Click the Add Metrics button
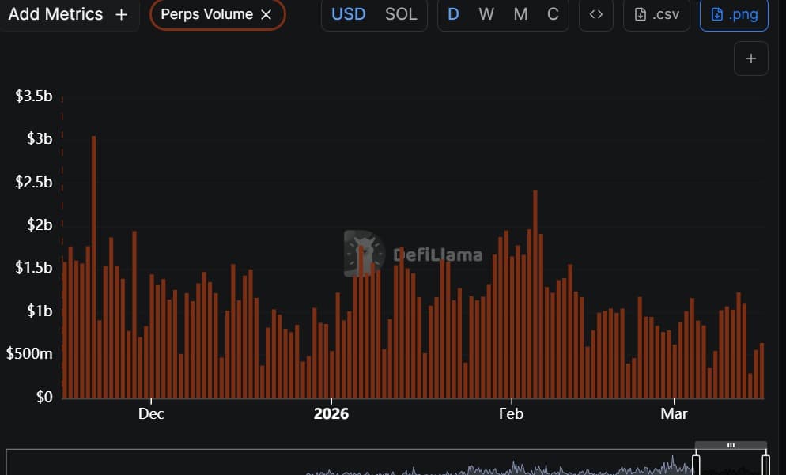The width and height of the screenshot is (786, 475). [67, 14]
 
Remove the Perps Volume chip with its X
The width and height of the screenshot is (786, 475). [266, 14]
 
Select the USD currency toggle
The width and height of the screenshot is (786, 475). [349, 14]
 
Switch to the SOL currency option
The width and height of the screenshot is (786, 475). [401, 14]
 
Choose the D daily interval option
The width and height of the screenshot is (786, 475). [454, 14]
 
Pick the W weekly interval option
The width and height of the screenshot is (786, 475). [486, 14]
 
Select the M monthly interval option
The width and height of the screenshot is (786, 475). [520, 14]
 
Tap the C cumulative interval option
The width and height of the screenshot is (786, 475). [553, 14]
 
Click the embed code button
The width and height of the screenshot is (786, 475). [596, 14]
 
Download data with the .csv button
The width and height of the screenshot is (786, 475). [656, 14]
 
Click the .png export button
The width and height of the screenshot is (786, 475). [734, 14]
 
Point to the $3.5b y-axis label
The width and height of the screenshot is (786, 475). [34, 96]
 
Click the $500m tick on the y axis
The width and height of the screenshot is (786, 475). [29, 354]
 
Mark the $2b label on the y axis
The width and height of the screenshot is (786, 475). [34, 225]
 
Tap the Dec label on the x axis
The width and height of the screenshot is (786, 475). [150, 413]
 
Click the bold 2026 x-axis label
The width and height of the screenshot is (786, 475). [331, 413]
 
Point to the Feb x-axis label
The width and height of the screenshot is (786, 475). [511, 413]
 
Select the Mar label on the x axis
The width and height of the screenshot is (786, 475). [674, 413]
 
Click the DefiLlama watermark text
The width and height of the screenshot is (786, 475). [437, 255]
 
